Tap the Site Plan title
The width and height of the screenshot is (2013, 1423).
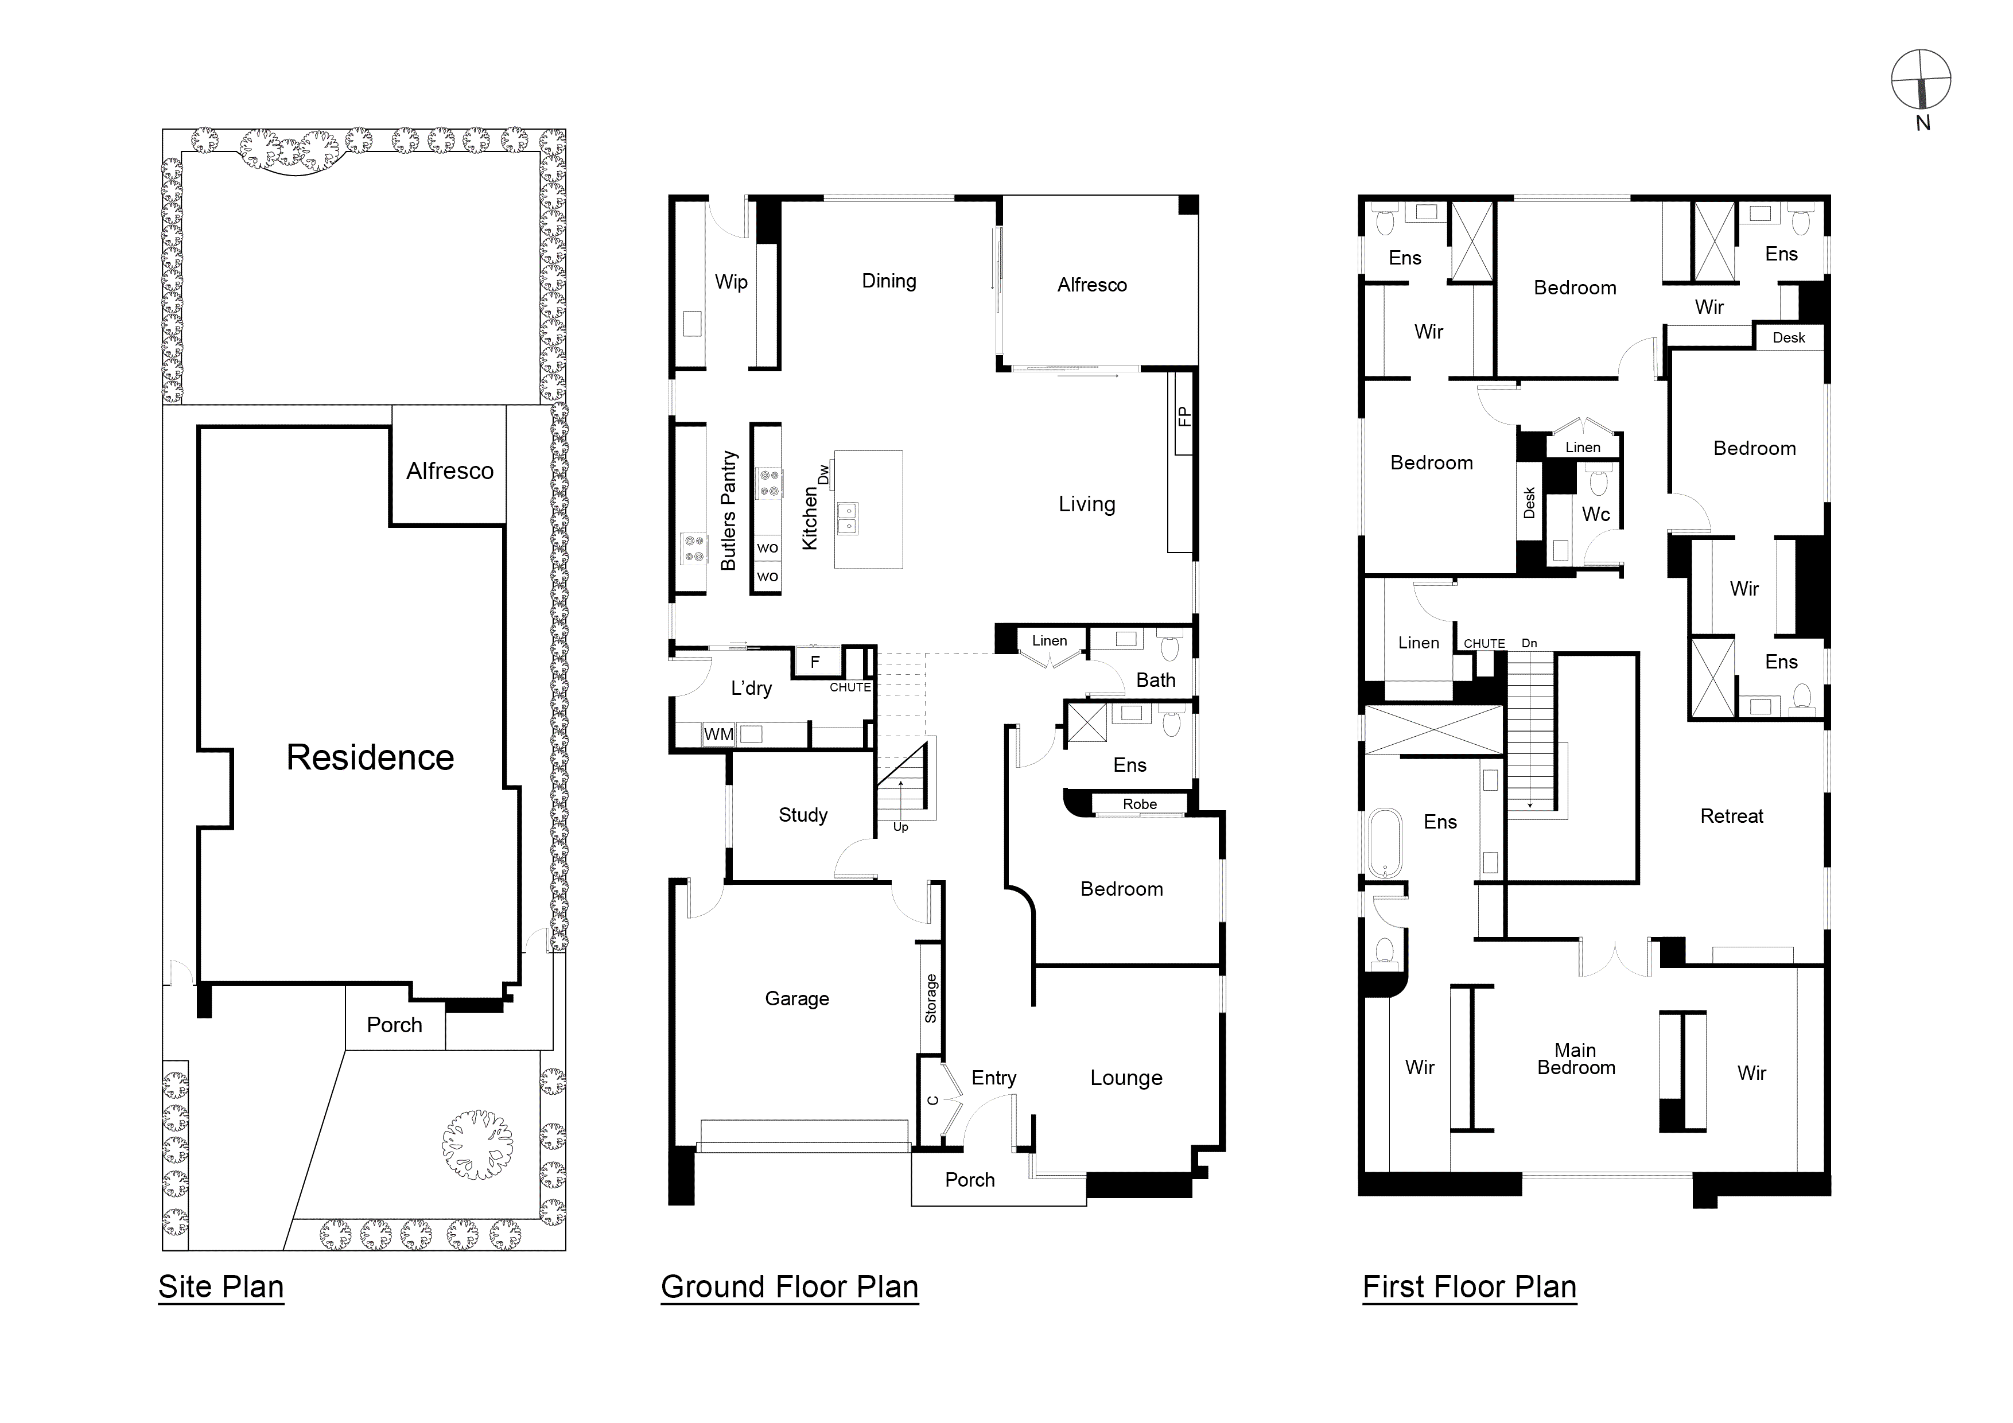click(x=221, y=1286)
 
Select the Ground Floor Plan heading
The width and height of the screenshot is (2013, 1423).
click(x=789, y=1286)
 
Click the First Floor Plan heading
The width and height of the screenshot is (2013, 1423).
click(x=1470, y=1286)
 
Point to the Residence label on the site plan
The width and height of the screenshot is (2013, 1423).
click(x=370, y=757)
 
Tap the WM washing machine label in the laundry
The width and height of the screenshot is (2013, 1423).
click(x=718, y=734)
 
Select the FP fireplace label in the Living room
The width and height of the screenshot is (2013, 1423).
click(x=1184, y=415)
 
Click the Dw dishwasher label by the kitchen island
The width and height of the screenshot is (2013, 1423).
click(x=823, y=475)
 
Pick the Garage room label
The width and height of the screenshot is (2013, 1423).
click(x=796, y=998)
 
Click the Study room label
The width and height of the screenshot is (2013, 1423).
click(x=802, y=815)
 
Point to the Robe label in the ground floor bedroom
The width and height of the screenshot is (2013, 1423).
click(x=1139, y=804)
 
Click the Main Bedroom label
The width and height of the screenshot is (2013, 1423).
click(x=1576, y=1059)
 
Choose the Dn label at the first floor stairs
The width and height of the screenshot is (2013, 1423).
click(x=1529, y=643)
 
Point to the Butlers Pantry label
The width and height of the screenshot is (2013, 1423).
click(x=728, y=511)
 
